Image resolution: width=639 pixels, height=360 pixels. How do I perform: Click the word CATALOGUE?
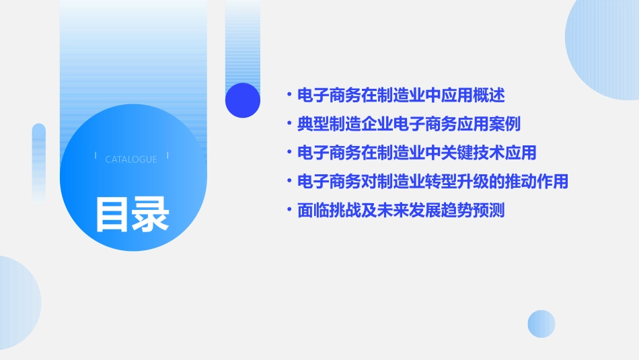(x=131, y=159)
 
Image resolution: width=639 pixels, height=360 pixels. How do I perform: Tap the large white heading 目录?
(x=132, y=213)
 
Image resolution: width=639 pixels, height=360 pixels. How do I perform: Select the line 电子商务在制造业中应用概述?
(x=400, y=95)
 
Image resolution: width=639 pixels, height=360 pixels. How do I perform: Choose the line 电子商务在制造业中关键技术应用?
(x=416, y=153)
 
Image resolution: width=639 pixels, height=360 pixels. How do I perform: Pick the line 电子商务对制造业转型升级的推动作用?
(x=433, y=182)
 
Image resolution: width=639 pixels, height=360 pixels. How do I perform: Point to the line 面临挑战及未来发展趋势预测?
(x=400, y=211)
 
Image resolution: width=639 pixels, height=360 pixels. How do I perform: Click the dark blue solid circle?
(x=243, y=100)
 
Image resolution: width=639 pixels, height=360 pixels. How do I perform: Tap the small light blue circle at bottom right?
(x=541, y=324)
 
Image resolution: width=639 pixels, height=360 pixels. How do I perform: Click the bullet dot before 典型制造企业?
(x=289, y=124)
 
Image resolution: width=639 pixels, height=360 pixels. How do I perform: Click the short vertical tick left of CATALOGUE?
(x=96, y=155)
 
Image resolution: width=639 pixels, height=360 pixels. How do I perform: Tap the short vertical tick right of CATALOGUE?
(x=167, y=155)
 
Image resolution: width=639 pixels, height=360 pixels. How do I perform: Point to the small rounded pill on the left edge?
(x=39, y=161)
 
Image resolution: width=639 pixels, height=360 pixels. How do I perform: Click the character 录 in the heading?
(x=150, y=213)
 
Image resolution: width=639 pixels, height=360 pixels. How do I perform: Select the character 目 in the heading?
(x=112, y=213)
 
